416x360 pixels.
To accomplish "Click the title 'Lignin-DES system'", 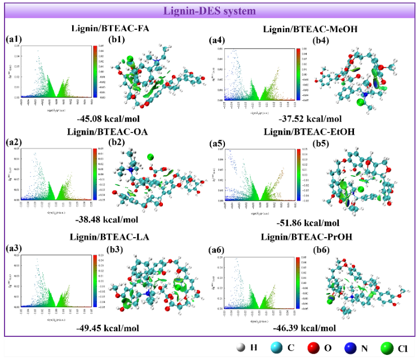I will [208, 10].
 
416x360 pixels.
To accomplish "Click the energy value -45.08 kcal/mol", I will [109, 119].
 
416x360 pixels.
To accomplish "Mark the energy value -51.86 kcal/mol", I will [308, 223].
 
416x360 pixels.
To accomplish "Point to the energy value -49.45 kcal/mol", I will [109, 328].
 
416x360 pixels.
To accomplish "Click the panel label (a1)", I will [13, 39].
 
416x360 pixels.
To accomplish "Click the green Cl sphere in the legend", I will [385, 348].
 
